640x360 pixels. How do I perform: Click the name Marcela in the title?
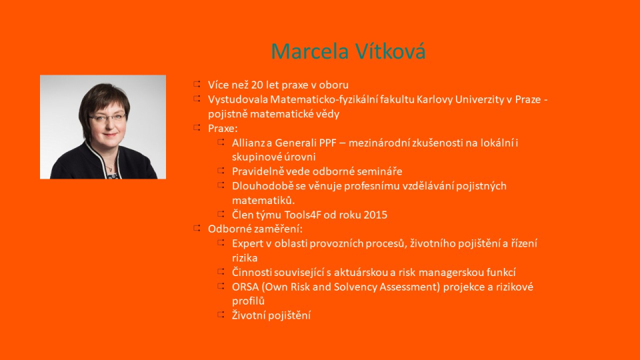pos(310,51)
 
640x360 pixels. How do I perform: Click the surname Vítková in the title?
pos(391,51)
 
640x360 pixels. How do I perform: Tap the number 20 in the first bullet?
pos(257,85)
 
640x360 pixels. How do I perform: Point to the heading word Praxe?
pos(223,129)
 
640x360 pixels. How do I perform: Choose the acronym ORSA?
pos(245,287)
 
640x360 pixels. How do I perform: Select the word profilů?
pos(248,301)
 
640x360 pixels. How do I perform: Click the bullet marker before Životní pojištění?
pos(221,314)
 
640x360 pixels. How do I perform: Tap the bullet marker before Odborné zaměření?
pos(197,228)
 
